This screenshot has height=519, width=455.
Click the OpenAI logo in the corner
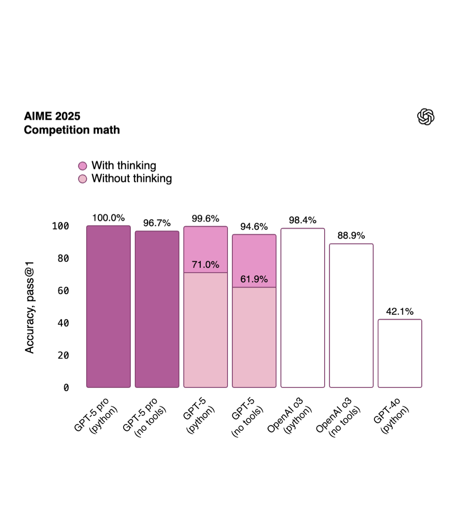coord(426,117)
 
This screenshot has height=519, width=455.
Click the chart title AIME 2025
coord(52,116)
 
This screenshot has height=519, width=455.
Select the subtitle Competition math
coord(72,130)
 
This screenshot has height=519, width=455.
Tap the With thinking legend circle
coord(83,166)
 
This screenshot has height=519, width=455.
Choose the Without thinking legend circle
coord(83,179)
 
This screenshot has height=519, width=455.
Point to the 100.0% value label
coord(108,218)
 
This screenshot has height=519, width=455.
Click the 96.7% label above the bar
coord(157,223)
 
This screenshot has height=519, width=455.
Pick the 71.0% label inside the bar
coord(205,265)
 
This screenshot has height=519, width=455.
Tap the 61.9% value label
coord(254,279)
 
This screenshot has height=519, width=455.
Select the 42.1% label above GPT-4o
coord(400,311)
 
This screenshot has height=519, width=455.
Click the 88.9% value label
coord(351,236)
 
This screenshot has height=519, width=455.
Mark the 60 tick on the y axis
coord(63,291)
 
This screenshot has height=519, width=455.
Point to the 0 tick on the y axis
coord(66,388)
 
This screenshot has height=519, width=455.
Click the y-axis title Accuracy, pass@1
coord(29,307)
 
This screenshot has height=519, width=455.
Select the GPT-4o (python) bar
coord(400,353)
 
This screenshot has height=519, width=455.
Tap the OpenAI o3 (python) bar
coord(302,308)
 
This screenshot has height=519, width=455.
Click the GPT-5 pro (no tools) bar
coord(157,309)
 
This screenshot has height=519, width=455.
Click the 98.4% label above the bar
coord(302,221)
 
